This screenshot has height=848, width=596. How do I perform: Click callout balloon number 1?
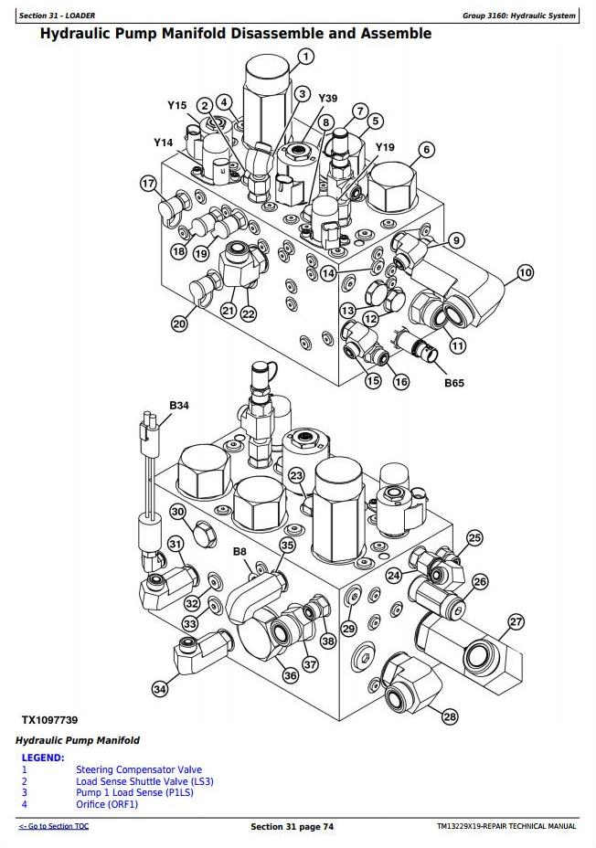pos(305,57)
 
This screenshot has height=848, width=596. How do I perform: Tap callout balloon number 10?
pos(525,272)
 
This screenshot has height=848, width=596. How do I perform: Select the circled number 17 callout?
pos(148,184)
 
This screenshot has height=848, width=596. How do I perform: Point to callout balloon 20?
pos(179,322)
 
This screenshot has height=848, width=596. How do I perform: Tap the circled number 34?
pos(160,689)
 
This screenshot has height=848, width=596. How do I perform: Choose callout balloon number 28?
pos(449,717)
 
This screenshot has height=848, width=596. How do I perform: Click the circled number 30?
pos(177,513)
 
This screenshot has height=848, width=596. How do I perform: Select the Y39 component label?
pos(327,98)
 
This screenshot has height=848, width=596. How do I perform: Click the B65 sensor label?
pos(454,383)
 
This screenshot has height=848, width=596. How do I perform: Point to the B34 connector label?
pos(178,405)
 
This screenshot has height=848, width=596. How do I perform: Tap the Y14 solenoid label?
pos(163,143)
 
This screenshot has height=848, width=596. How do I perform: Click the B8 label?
pos(239,552)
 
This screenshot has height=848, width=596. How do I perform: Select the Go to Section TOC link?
pos(54,826)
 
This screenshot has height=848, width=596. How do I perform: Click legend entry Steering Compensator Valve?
pos(139,769)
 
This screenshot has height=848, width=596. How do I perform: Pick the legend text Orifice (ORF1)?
pos(107,803)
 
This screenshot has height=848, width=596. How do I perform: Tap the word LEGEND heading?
pos(43,758)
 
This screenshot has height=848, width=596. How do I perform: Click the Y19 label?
pos(385,147)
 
